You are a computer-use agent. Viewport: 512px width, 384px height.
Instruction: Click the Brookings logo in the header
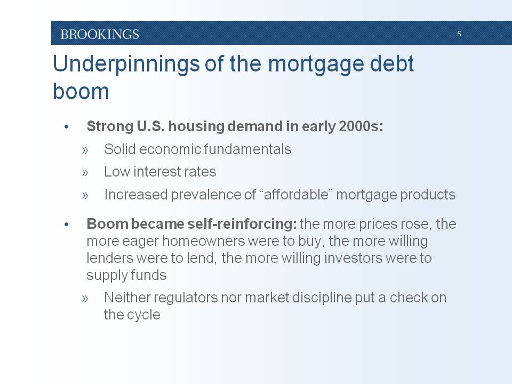click(x=100, y=34)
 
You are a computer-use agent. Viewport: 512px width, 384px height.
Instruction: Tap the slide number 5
click(x=459, y=34)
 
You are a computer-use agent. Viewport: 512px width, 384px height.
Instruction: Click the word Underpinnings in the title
click(x=126, y=65)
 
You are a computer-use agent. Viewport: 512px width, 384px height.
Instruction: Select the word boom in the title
click(x=81, y=91)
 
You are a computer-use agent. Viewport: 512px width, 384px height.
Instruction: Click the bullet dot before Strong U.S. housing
click(x=67, y=127)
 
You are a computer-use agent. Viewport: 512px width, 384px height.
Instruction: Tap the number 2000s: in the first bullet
click(x=361, y=126)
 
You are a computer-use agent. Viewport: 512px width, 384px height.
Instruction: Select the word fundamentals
click(x=247, y=149)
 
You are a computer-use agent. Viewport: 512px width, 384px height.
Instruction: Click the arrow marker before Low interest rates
click(x=85, y=172)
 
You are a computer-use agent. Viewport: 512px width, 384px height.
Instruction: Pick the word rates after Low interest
click(x=201, y=172)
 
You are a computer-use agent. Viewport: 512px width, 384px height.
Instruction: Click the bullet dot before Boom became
click(x=67, y=225)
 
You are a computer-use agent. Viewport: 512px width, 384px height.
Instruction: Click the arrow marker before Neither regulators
click(x=85, y=299)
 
